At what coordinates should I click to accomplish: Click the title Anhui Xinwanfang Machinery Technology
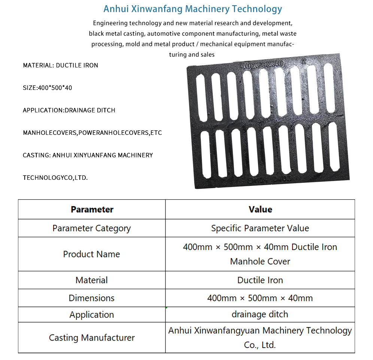(x=192, y=9)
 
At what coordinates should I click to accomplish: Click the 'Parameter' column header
(x=92, y=209)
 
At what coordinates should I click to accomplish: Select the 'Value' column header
(x=260, y=209)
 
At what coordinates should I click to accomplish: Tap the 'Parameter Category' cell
(x=92, y=228)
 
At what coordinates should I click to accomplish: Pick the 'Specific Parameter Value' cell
(x=260, y=228)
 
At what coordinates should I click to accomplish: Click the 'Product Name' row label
(x=92, y=254)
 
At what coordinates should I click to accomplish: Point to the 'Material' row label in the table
(x=92, y=280)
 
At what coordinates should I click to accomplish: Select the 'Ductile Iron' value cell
(x=260, y=280)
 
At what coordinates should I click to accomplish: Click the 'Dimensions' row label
(x=92, y=298)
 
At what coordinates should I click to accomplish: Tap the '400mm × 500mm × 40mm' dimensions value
(x=260, y=298)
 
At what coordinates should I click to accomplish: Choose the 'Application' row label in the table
(x=92, y=315)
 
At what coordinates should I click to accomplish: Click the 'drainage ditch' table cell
(x=260, y=314)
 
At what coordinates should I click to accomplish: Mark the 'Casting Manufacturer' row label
(x=92, y=338)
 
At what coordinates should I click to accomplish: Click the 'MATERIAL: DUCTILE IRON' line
(x=60, y=65)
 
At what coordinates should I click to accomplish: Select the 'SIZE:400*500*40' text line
(x=47, y=88)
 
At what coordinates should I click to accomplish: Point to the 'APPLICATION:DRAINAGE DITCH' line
(x=69, y=110)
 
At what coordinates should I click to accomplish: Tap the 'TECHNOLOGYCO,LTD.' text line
(x=55, y=178)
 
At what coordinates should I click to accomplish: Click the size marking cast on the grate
(x=262, y=64)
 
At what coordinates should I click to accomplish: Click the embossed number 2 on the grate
(x=304, y=61)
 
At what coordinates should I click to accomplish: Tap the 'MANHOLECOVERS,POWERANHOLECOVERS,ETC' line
(x=92, y=133)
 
